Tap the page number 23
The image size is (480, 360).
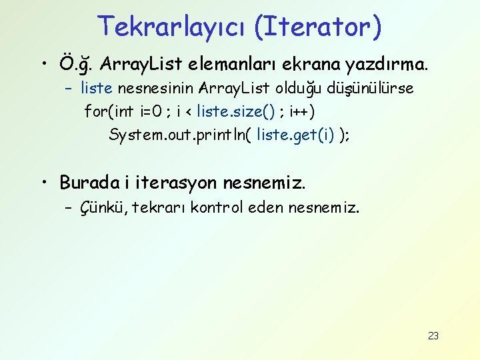tap(433, 335)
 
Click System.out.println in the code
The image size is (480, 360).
tap(175, 135)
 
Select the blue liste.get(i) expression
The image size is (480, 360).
tap(295, 135)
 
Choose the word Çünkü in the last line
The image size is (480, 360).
tap(103, 208)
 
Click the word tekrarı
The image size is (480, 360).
tap(159, 208)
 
